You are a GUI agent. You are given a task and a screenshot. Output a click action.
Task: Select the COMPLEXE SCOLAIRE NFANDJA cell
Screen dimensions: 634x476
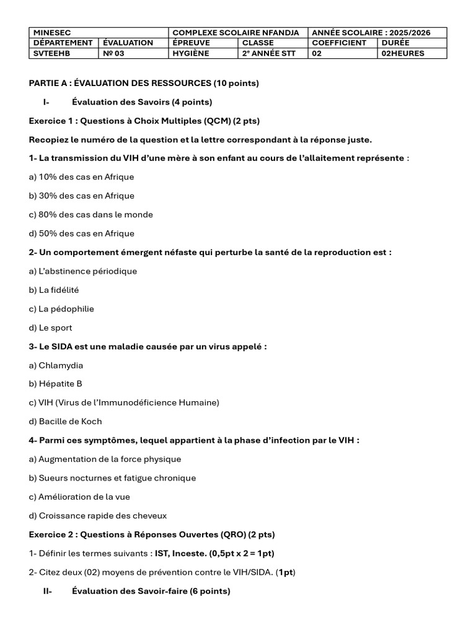click(236, 32)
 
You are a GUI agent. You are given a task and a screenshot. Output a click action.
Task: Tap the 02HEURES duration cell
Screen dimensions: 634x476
click(403, 53)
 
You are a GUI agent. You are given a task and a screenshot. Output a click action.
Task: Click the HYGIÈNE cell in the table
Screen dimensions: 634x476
click(191, 53)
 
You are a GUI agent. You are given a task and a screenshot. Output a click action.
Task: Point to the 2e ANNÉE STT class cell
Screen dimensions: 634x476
click(269, 53)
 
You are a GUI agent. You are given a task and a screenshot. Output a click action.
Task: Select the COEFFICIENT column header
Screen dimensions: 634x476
click(339, 43)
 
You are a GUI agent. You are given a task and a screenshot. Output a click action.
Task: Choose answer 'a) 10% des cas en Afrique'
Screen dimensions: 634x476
click(81, 177)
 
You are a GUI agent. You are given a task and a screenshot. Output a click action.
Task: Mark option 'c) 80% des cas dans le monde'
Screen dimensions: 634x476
click(90, 215)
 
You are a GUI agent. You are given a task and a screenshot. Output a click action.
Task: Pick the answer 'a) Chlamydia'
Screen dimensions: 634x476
click(56, 365)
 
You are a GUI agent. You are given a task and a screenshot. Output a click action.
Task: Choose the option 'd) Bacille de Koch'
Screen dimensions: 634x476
click(65, 422)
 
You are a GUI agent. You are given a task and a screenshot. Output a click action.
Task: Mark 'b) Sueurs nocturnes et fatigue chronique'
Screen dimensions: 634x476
click(112, 478)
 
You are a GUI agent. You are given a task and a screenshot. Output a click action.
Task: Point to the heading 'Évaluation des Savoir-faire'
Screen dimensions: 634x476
click(151, 591)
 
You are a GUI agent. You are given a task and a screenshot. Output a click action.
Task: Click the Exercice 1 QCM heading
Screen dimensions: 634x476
click(144, 121)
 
